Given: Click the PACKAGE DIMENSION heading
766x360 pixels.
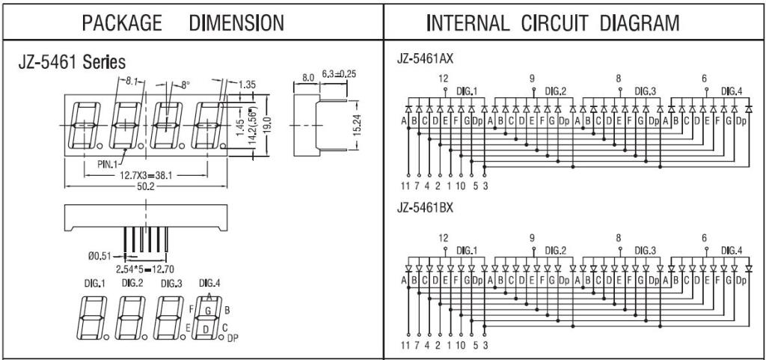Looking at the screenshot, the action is pos(183,23).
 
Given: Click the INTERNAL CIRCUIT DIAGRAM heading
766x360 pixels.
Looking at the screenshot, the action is pos(553,23).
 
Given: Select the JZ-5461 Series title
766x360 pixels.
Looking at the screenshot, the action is pos(72,63).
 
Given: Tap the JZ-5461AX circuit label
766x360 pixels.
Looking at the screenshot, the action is pos(425,59).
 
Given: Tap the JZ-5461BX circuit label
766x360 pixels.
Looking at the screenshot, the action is pos(425,208).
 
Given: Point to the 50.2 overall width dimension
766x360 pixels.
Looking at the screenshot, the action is pos(145,186).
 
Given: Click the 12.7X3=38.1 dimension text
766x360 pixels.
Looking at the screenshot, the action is pos(146,175).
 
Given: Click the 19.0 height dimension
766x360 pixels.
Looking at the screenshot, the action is pos(269,126).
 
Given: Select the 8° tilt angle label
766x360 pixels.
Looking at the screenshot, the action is pos(185,85).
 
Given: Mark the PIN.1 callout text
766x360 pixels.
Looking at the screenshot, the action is pos(107,164).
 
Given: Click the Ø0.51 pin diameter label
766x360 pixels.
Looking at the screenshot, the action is pos(99,255).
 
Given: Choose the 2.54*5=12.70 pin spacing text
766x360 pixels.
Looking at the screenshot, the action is pos(145,269).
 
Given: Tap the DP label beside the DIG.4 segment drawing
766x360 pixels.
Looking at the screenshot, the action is pos(233,337).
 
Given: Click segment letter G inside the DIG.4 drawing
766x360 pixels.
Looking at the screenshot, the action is pos(208,310).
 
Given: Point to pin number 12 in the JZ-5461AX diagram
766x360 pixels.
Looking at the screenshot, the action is pos(443,79).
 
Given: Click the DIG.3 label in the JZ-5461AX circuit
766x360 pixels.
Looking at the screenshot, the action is pos(646,91).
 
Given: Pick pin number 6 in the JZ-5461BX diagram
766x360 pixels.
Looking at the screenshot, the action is pos(705,238).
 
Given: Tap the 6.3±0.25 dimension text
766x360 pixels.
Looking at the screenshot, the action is pos(339,74).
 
